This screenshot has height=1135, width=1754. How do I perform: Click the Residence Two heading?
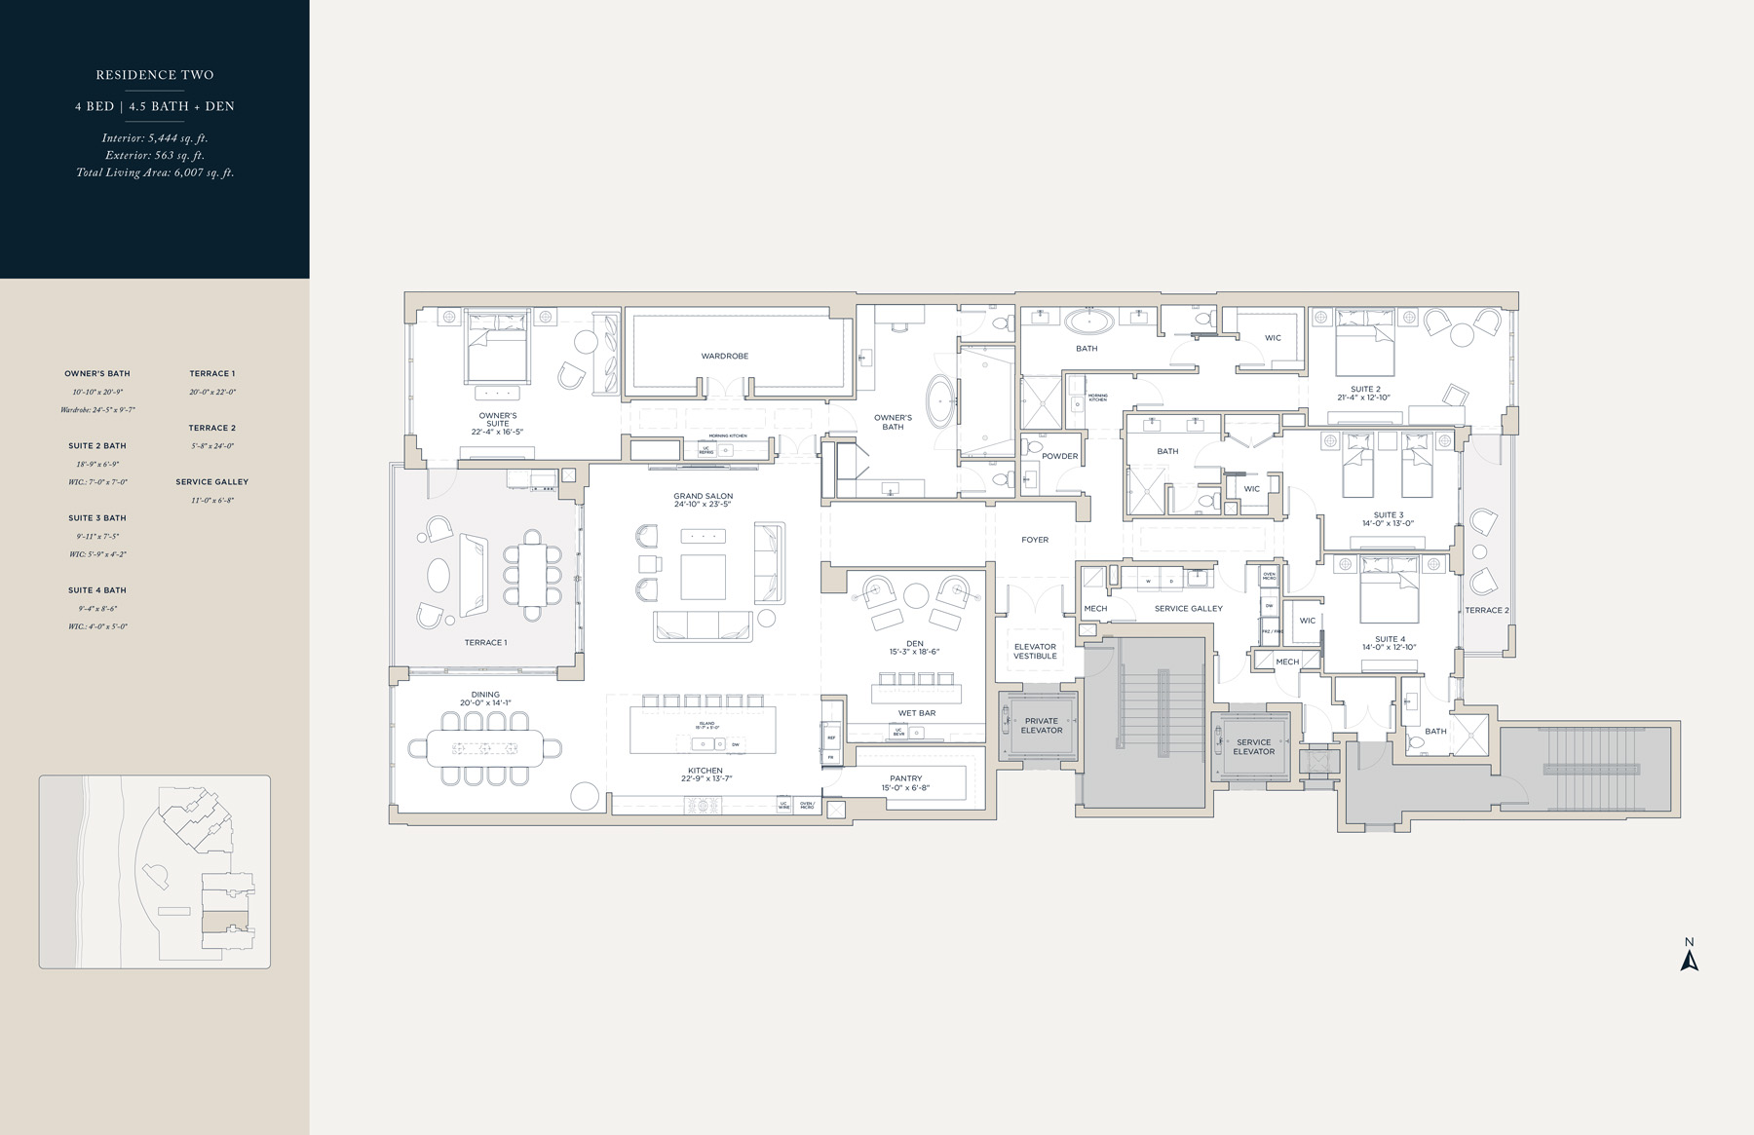tap(155, 75)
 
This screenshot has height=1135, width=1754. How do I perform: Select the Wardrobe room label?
tap(725, 356)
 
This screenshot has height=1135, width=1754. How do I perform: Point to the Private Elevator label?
tap(1041, 726)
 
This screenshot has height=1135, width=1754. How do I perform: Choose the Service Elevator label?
tap(1253, 746)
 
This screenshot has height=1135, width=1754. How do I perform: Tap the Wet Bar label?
tap(916, 713)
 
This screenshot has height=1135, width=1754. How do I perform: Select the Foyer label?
tap(1035, 539)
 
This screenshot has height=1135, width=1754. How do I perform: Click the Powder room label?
tap(1059, 456)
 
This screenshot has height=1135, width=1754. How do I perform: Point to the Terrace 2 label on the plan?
tap(1486, 610)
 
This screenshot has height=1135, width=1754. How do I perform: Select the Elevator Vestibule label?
tap(1035, 651)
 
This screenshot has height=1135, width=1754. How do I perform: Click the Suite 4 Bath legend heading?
tap(97, 590)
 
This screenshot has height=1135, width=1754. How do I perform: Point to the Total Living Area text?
tap(155, 172)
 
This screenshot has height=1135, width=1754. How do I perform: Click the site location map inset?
tap(155, 871)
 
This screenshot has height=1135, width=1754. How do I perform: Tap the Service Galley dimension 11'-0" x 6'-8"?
tap(211, 500)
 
